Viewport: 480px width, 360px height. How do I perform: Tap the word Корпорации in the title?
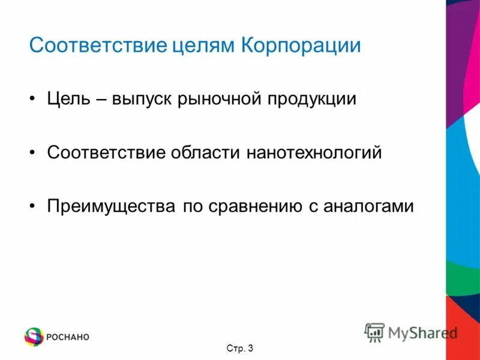click(x=301, y=46)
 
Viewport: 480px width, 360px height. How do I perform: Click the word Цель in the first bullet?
click(x=68, y=99)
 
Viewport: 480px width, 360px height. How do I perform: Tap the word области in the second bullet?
click(x=206, y=152)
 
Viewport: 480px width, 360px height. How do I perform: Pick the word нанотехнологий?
click(x=314, y=152)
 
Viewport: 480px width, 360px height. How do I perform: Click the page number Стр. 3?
click(x=240, y=349)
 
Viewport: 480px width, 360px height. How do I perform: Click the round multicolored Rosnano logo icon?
click(x=34, y=337)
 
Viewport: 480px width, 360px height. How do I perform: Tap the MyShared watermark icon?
click(x=374, y=332)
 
